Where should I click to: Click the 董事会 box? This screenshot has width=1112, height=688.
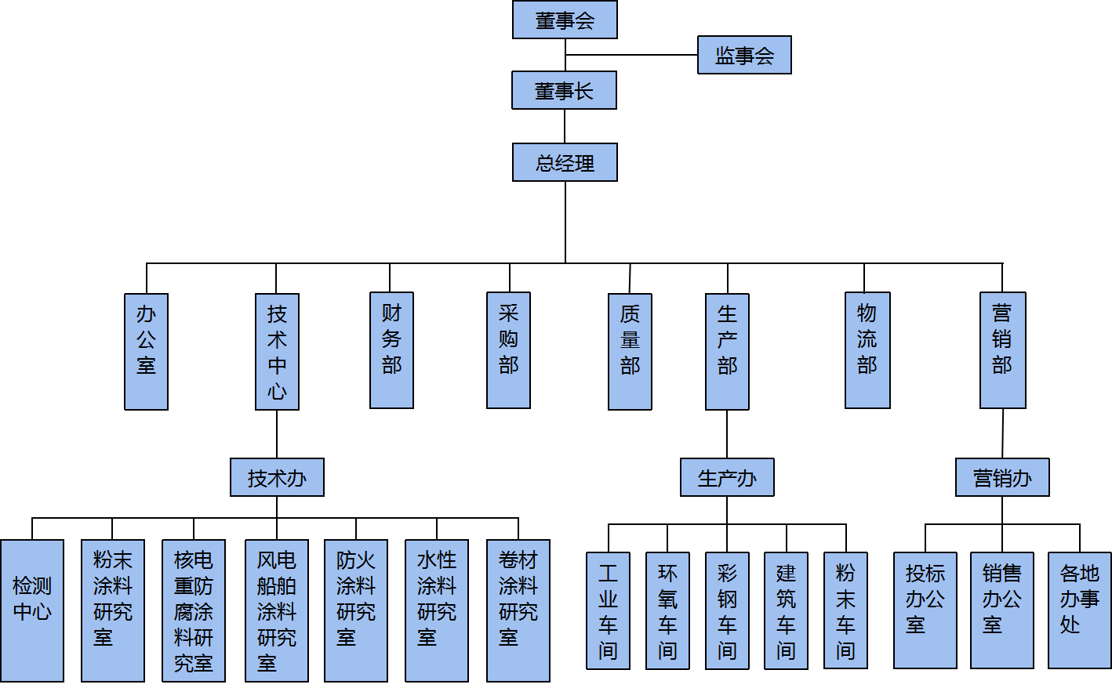coord(565,20)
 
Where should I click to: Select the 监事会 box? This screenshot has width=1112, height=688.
coord(744,55)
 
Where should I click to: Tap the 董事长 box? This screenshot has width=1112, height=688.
coord(564,90)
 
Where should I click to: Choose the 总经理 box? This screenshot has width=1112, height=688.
coord(565,162)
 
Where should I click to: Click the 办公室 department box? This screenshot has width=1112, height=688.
coord(146,351)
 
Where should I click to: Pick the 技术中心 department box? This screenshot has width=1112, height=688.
coord(277,351)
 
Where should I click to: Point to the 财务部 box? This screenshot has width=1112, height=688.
coord(391,350)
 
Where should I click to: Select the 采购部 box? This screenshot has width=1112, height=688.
coord(508,350)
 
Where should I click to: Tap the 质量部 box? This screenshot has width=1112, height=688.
coord(630,351)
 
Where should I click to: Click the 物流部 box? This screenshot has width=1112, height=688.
coord(867,350)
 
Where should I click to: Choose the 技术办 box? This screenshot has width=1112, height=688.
coord(277,477)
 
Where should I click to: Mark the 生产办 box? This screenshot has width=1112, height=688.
coord(727,477)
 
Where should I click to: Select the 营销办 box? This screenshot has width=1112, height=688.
coord(1002,477)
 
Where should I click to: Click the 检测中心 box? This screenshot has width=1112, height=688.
coord(32,610)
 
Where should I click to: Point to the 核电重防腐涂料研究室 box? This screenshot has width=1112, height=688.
coord(194,610)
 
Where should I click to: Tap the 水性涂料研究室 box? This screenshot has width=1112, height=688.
coord(437,610)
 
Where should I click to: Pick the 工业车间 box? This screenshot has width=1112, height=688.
coord(608,610)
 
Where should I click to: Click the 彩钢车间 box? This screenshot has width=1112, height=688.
coord(727,610)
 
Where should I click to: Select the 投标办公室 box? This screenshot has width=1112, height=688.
coord(925,610)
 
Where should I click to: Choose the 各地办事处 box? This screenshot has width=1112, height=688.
coord(1079,610)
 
